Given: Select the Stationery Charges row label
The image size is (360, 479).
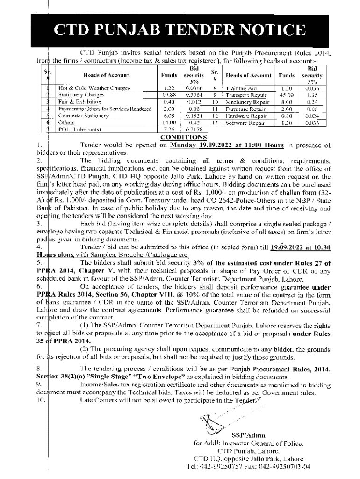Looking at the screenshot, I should pos(78,94).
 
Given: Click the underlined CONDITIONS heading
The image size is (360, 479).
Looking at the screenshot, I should pos(183,137).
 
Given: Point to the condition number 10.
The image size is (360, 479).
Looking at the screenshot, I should pos(41,400).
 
